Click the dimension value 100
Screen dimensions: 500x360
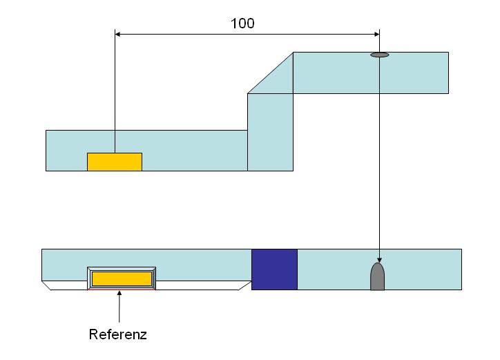pyautogui.click(x=242, y=23)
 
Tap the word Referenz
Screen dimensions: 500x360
pyautogui.click(x=117, y=334)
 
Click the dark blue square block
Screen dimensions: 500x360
pyautogui.click(x=274, y=269)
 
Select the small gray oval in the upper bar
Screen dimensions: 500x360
pyautogui.click(x=379, y=55)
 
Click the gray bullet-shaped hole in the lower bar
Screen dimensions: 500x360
pyautogui.click(x=377, y=276)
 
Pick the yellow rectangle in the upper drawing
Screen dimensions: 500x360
pyautogui.click(x=115, y=162)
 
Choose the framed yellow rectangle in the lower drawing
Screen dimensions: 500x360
pyautogui.click(x=122, y=278)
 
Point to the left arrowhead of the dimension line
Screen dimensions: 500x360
pyautogui.click(x=117, y=34)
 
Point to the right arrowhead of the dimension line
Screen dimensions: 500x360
pyautogui.click(x=377, y=34)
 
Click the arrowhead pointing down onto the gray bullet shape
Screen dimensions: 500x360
pyautogui.click(x=379, y=260)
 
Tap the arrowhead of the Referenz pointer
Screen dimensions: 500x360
pyautogui.click(x=119, y=293)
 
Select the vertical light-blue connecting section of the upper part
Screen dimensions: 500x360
pyautogui.click(x=270, y=132)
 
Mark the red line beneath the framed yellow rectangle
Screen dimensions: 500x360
pyautogui.click(x=122, y=290)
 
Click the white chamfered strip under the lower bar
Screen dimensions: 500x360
pyautogui.click(x=146, y=285)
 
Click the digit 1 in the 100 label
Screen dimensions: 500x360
pyautogui.click(x=233, y=23)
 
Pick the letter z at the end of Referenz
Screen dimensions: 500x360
pyautogui.click(x=144, y=336)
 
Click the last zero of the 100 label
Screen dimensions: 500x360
pyautogui.click(x=250, y=23)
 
